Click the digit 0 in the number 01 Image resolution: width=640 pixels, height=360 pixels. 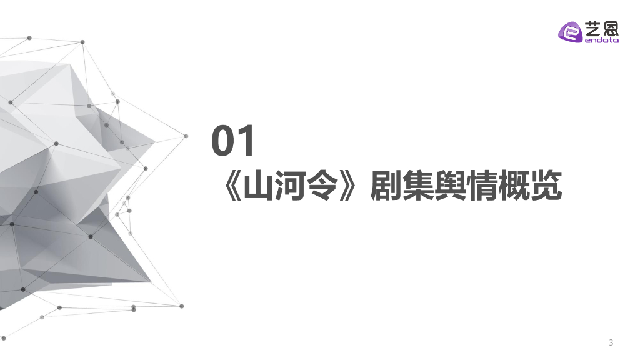222,142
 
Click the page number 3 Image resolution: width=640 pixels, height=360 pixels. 611,342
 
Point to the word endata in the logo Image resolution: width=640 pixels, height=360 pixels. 601,41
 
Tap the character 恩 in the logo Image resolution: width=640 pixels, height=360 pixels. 611,27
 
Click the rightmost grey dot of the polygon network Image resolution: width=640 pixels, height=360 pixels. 186,136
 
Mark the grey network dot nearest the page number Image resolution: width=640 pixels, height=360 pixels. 182,306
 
